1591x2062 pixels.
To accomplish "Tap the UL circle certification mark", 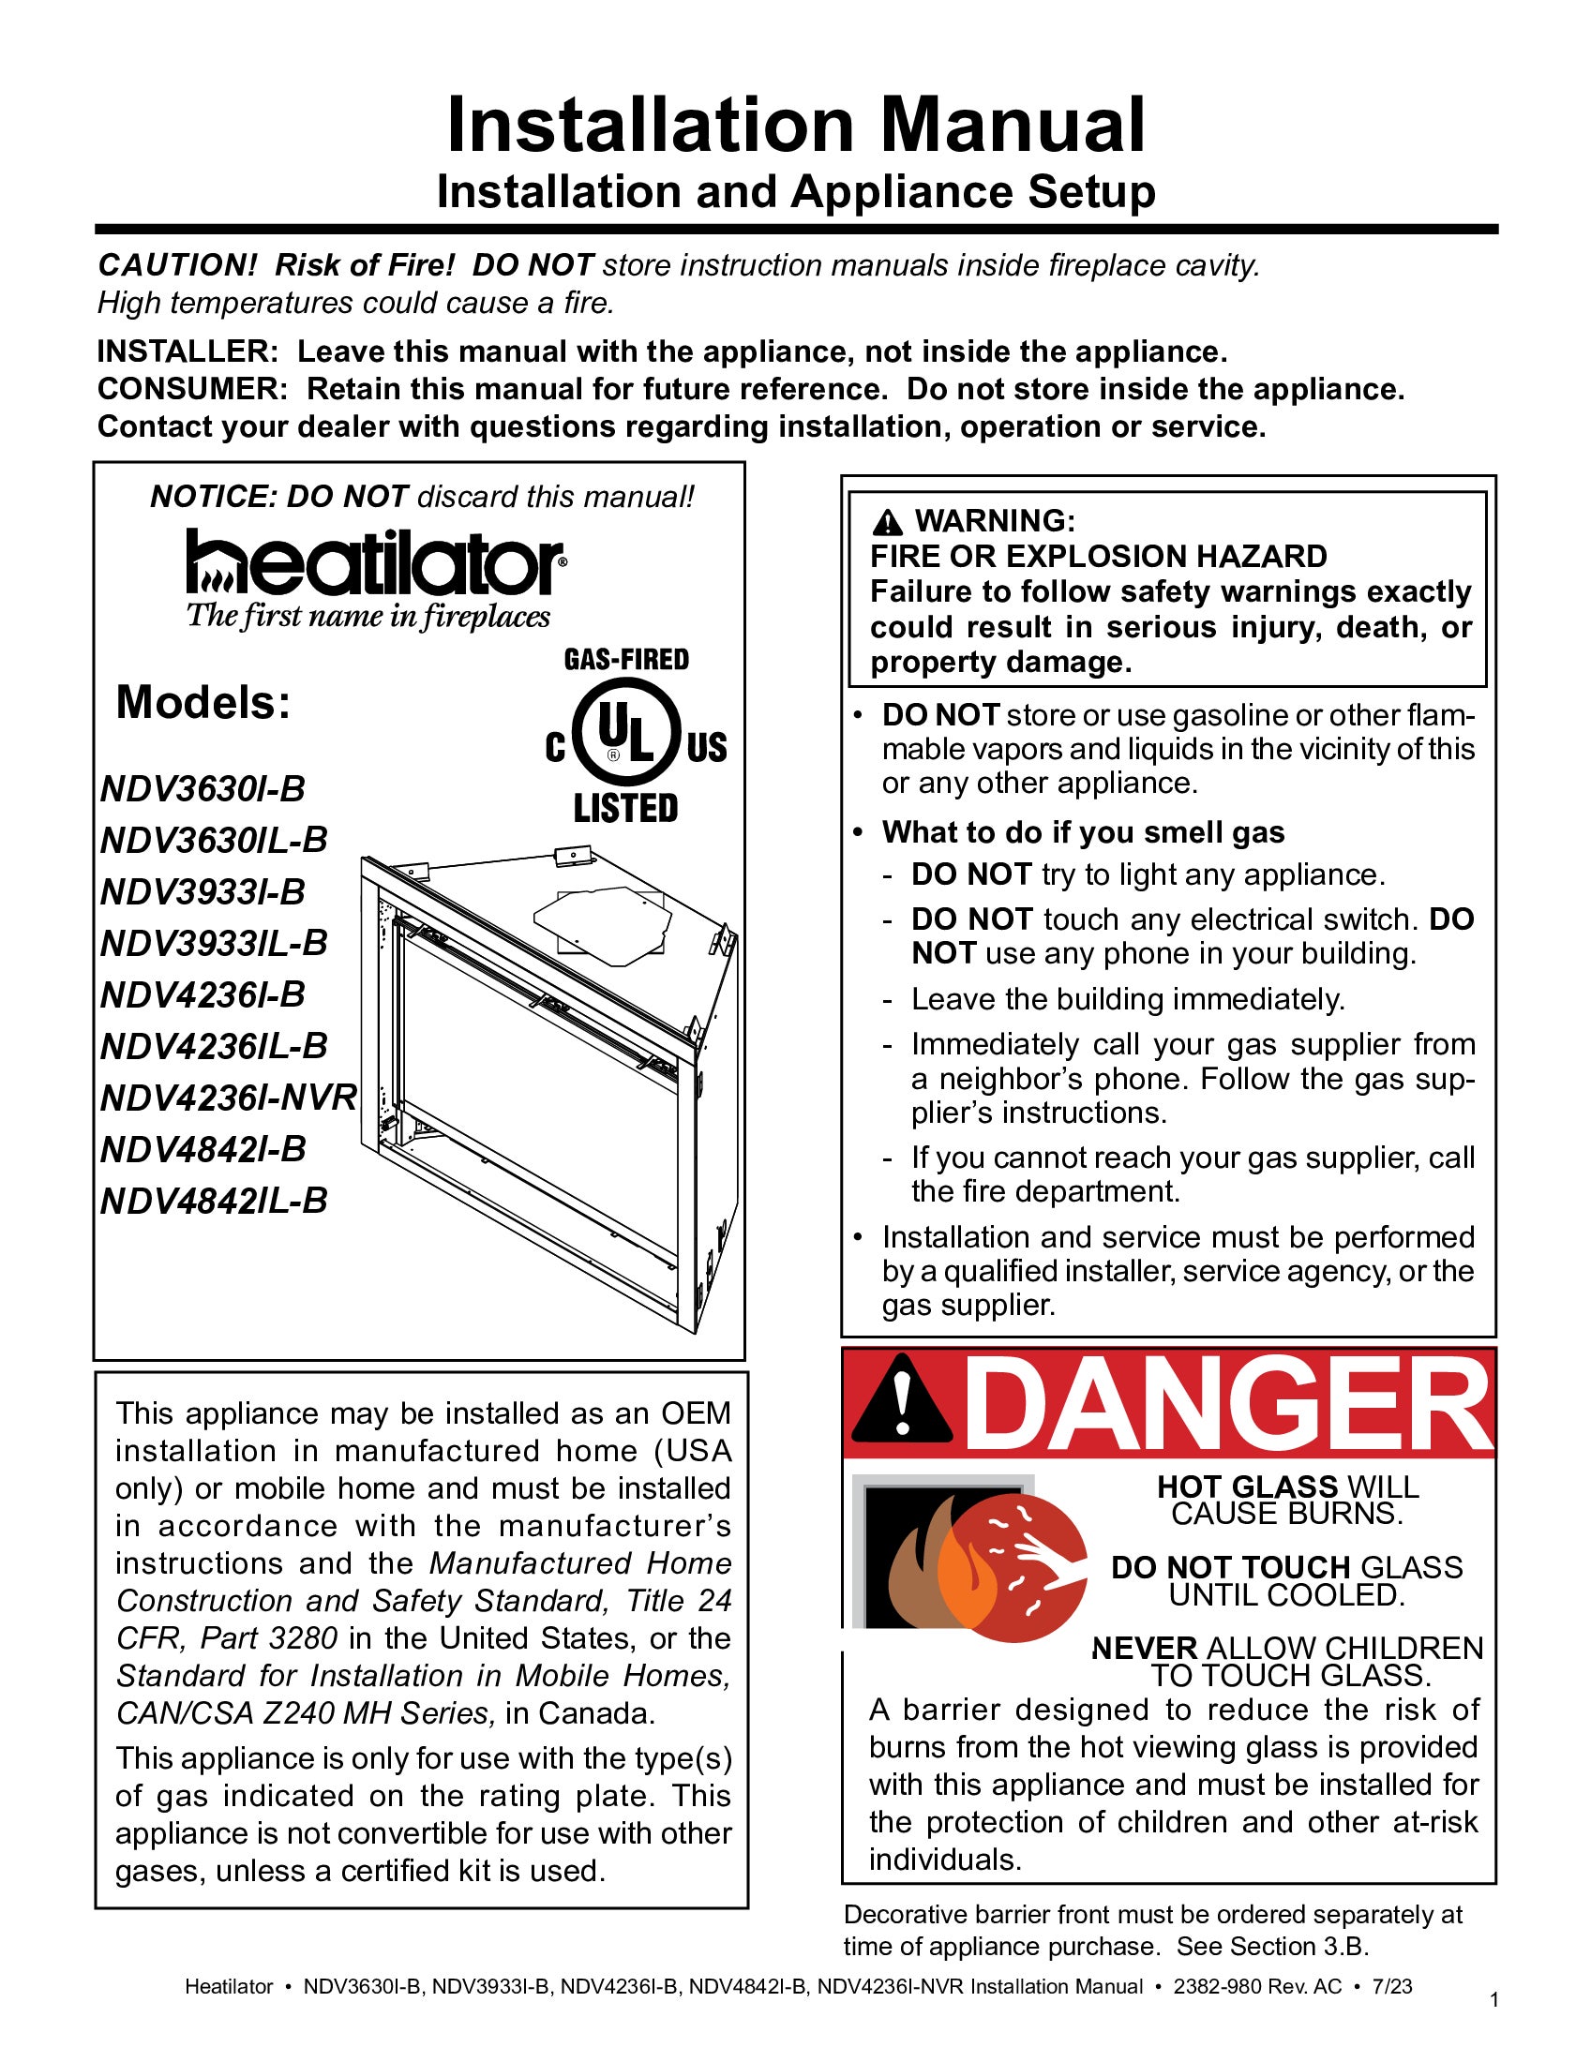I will (627, 733).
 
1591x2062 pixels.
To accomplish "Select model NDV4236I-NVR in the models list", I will (229, 1098).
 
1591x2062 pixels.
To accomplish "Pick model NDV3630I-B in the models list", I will (203, 789).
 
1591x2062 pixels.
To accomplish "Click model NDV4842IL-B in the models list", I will (215, 1201).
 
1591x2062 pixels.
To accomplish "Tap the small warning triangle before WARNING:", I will (888, 521).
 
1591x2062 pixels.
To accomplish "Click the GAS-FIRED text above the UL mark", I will (626, 660).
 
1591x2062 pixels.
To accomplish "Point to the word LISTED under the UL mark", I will (626, 808).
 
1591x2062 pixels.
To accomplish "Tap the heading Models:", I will (203, 702).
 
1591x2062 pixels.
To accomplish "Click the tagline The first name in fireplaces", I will (368, 617).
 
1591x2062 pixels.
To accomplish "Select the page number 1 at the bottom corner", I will (1493, 2000).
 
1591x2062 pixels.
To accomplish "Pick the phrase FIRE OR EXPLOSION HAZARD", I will (1098, 556).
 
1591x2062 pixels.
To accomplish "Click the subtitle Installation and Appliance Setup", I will (795, 191).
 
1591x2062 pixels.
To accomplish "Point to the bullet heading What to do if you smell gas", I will (1083, 832).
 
